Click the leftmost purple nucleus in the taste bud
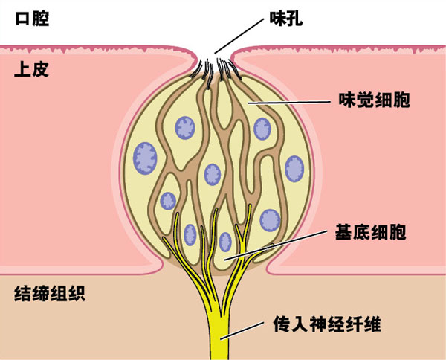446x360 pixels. (x=142, y=158)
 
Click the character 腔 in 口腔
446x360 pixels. (x=40, y=19)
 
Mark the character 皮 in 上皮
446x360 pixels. (x=40, y=72)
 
